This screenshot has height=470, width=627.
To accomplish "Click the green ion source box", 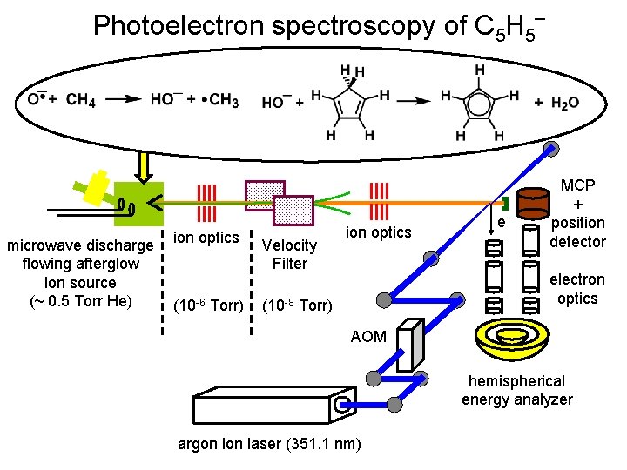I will point(139,205).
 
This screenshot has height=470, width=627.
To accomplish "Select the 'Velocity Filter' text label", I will point(289,254).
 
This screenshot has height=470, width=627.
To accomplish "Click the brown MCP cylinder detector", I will point(534,203).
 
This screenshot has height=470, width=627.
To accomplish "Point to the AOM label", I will point(368,336).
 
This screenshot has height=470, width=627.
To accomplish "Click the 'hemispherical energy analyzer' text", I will point(517,390).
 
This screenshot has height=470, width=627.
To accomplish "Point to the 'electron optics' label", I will point(577,289).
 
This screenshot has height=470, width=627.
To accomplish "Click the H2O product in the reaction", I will point(557,103).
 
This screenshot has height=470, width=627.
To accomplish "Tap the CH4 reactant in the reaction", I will point(81,99).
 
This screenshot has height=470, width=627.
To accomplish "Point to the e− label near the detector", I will point(502,223).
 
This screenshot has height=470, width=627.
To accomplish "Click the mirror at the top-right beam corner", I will point(551,149).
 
